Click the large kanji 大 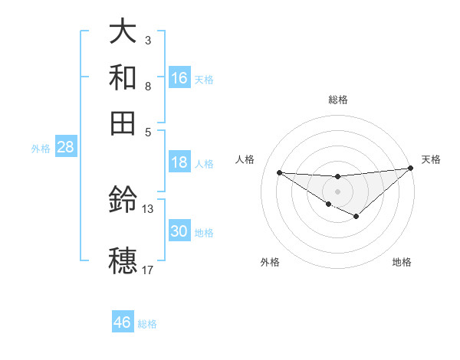click(x=123, y=32)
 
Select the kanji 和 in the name click(x=123, y=77)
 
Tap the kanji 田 click(x=123, y=122)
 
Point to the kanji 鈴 click(x=123, y=201)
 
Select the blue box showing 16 click(x=179, y=77)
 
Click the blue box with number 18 click(x=179, y=162)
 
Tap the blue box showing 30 click(x=179, y=231)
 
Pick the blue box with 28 click(x=65, y=148)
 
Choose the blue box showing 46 click(x=123, y=322)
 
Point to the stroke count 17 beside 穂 click(x=147, y=270)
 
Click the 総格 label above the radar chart click(x=337, y=100)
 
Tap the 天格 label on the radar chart click(x=431, y=159)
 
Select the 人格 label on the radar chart click(x=245, y=159)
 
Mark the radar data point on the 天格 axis click(x=411, y=169)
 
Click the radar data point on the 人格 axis click(x=279, y=172)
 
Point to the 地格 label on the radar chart click(x=402, y=262)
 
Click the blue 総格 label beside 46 click(x=147, y=323)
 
